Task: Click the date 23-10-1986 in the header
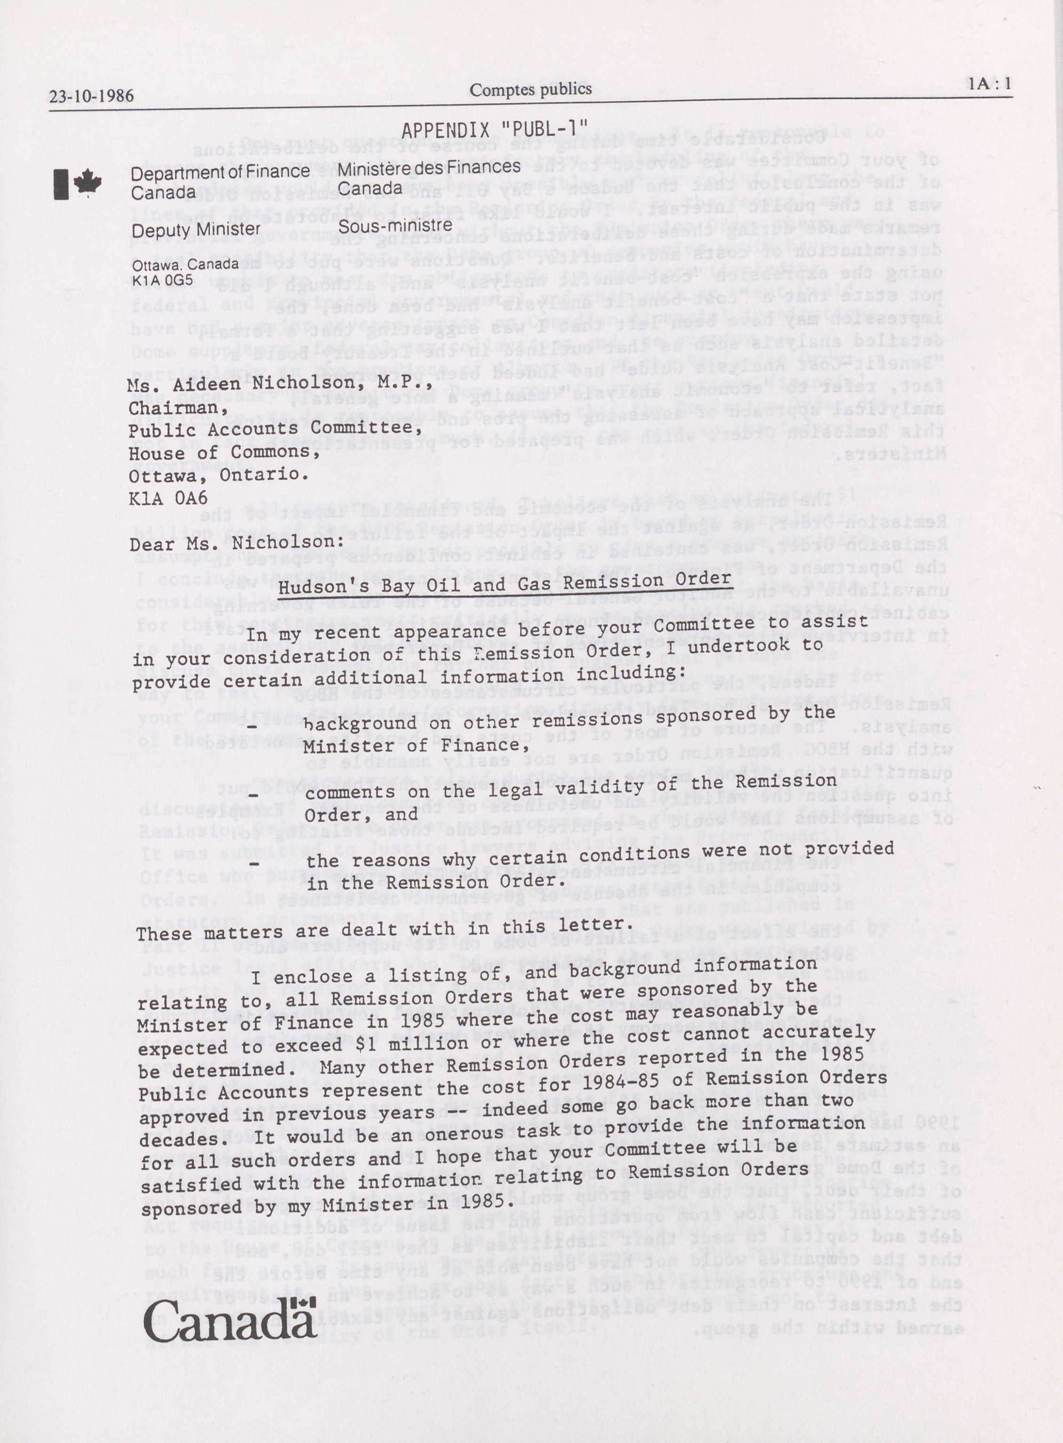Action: pos(91,96)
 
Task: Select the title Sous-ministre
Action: pos(395,226)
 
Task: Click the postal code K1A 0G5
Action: pos(162,280)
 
